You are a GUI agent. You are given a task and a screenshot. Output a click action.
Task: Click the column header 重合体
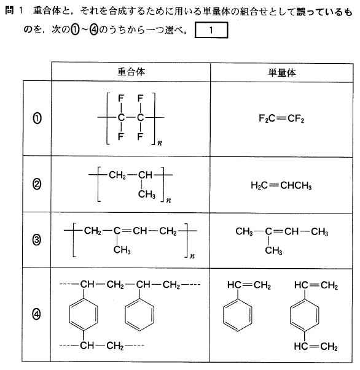(131, 72)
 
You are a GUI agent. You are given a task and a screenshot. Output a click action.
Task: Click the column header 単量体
(281, 72)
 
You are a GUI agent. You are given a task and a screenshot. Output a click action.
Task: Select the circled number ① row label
(37, 118)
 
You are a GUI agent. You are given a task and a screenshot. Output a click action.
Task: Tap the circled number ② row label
(37, 184)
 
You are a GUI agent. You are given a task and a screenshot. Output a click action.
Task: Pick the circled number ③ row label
(37, 240)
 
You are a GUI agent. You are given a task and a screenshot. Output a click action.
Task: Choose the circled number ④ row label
(36, 314)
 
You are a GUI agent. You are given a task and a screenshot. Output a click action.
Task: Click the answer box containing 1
(211, 30)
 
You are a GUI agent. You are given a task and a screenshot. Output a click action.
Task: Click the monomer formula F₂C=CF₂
(281, 118)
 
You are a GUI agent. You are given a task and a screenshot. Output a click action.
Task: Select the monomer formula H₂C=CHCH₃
(281, 186)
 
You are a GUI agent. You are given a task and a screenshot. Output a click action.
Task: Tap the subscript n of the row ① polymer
(160, 143)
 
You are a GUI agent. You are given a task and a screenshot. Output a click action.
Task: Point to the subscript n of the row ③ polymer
(192, 256)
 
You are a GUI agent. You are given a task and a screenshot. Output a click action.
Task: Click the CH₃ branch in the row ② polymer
(147, 195)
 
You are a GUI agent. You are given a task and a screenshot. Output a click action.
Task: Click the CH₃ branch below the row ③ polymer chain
(122, 250)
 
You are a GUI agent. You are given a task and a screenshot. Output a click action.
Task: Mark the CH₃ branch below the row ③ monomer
(273, 250)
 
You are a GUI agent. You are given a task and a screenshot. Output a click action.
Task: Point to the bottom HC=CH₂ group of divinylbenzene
(316, 347)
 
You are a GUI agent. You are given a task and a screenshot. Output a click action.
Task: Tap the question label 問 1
(14, 10)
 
